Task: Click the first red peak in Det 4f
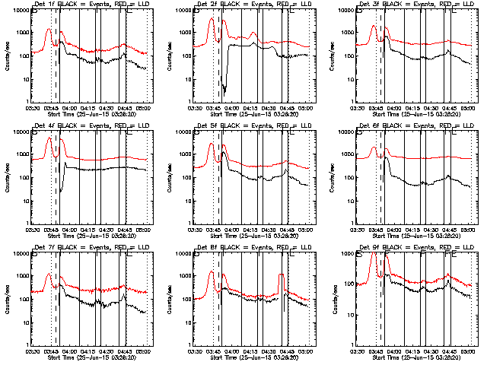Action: [x=49, y=138]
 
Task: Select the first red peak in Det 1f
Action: [x=48, y=30]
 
